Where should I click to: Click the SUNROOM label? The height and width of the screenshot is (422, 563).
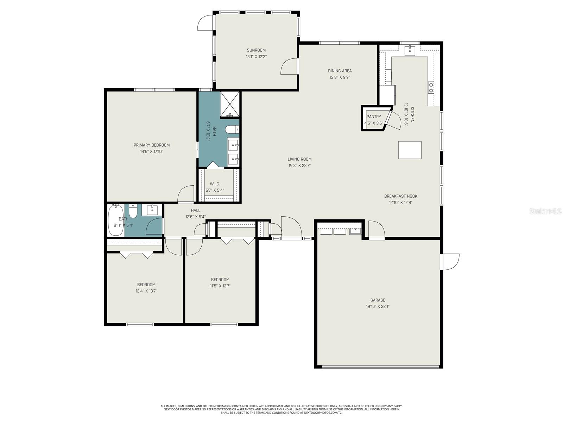[x=256, y=50]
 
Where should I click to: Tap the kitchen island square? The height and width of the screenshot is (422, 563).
[x=410, y=150]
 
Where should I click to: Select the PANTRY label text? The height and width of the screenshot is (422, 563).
[x=374, y=117]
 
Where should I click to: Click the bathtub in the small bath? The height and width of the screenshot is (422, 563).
[x=115, y=220]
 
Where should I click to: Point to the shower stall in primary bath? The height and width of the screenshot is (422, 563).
[x=230, y=104]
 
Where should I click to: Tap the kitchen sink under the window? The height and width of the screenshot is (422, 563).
[x=410, y=51]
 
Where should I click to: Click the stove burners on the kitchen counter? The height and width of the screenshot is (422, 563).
[x=431, y=88]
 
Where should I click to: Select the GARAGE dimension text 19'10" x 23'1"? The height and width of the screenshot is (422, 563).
[x=378, y=306]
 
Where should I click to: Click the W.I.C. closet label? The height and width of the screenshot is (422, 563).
[x=215, y=184]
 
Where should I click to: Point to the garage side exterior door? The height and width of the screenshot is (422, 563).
[x=450, y=262]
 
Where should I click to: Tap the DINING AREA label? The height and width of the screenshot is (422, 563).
[x=340, y=71]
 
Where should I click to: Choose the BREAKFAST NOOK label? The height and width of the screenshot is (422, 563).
[x=400, y=196]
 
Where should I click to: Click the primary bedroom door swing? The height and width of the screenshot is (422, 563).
[x=186, y=194]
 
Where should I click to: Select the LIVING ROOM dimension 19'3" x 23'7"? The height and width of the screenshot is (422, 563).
[x=299, y=166]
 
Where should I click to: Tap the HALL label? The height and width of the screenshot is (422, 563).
[x=196, y=210]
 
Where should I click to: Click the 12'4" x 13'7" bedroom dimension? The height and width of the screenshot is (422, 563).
[x=146, y=291]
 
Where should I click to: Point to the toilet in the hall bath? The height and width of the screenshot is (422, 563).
[x=133, y=212]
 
